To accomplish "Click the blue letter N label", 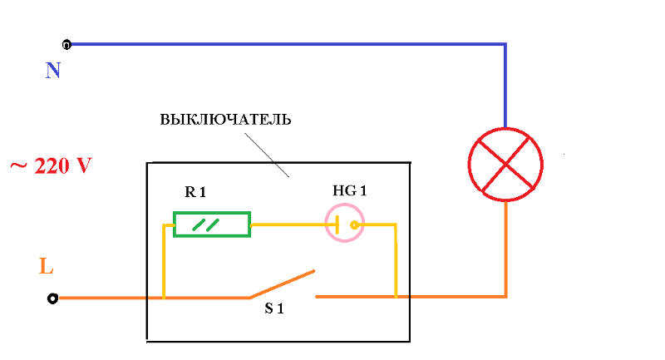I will pyautogui.click(x=53, y=71).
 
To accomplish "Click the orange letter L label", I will pyautogui.click(x=47, y=268).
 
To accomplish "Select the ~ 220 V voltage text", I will pyautogui.click(x=50, y=165).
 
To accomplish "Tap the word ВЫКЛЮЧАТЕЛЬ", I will pyautogui.click(x=225, y=119).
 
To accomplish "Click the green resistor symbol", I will pyautogui.click(x=211, y=224).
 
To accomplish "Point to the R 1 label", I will pyautogui.click(x=195, y=192).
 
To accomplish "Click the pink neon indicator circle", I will pyautogui.click(x=344, y=224).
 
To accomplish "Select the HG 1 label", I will pyautogui.click(x=349, y=191).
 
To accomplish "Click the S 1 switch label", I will pyautogui.click(x=275, y=309).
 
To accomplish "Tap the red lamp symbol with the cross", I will pyautogui.click(x=505, y=164).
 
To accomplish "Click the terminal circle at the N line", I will pyautogui.click(x=66, y=43).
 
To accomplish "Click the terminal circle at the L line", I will pyautogui.click(x=53, y=298).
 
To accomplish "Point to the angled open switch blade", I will pyautogui.click(x=283, y=284).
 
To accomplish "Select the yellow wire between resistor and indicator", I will pyautogui.click(x=287, y=224).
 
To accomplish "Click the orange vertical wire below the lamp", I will pyautogui.click(x=505, y=249).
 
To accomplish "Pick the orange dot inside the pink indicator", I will pyautogui.click(x=354, y=224).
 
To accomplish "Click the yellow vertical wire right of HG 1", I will pyautogui.click(x=396, y=262).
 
